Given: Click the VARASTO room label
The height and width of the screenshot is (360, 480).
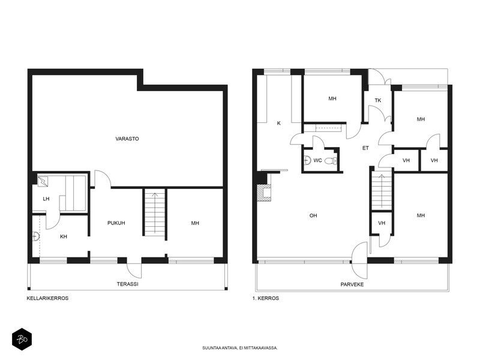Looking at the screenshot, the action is tap(127, 139).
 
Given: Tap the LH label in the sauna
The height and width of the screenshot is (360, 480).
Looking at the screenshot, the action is tap(46, 199).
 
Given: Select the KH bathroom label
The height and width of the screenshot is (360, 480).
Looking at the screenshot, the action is tap(64, 236).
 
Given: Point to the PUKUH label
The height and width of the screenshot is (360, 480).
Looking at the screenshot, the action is tap(116, 223).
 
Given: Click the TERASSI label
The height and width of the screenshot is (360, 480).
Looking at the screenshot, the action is tap(127, 284).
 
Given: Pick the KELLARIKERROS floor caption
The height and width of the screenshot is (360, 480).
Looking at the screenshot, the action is tap(47, 298).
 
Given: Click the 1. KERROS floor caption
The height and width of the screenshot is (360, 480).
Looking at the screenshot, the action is tap(265, 298).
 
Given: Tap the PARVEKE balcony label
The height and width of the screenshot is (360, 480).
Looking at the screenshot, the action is tap(352, 284).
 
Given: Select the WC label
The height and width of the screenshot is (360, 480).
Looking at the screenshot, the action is tap(317, 160).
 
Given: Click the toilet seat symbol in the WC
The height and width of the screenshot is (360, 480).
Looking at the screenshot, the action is tap(331, 160).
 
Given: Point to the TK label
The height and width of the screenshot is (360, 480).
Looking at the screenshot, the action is tap(378, 100).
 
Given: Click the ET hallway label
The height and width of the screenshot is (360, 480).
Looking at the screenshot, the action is tap(365, 148).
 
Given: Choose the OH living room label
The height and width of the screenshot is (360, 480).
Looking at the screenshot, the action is tap(313, 216).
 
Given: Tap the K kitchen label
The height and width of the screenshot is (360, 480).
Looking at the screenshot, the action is tap(278, 124).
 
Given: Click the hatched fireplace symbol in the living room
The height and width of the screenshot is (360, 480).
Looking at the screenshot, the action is tap(264, 193).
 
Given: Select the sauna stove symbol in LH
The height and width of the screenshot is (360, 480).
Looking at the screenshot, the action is tap(43, 181).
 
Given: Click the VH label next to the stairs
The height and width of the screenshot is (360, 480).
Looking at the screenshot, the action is tap(382, 223).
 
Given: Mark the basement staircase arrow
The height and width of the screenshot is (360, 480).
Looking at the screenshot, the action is tap(155, 212).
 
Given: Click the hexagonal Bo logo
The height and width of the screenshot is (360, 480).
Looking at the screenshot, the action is tap(22, 339).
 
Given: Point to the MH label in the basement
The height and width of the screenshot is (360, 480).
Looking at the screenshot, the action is tap(195, 223).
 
